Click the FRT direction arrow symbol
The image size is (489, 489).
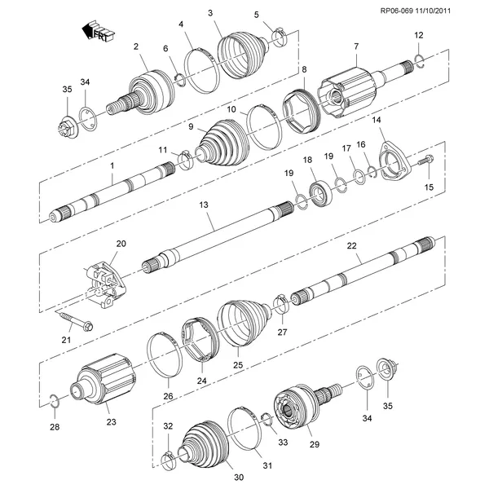(99, 31)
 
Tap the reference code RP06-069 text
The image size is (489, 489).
(397, 11)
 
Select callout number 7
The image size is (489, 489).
(356, 46)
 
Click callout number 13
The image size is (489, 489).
(204, 205)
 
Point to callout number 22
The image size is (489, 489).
(351, 246)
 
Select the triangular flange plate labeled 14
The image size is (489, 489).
(394, 162)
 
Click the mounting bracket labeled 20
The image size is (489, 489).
(104, 284)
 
